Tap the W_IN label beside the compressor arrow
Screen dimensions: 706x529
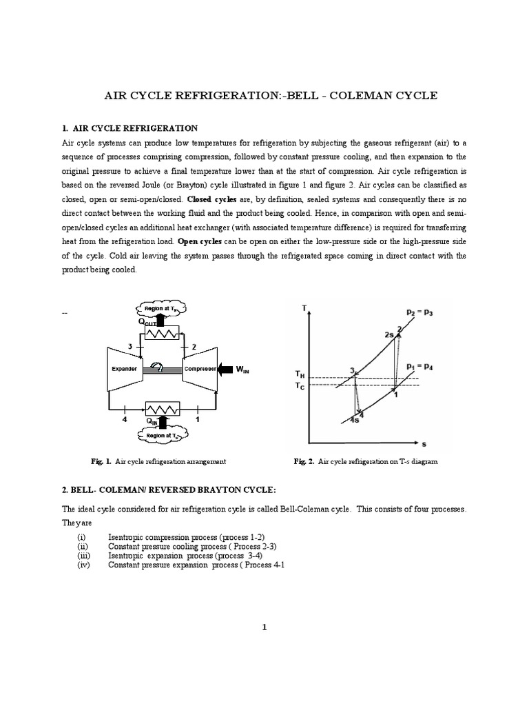[242, 370]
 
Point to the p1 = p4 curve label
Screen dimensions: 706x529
[419, 366]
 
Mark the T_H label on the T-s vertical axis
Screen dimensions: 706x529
[300, 374]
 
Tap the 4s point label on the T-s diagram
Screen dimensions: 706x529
[353, 420]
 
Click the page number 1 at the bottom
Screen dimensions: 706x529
[264, 627]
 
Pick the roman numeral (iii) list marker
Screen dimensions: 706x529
[83, 555]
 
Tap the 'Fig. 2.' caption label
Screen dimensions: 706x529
[302, 461]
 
